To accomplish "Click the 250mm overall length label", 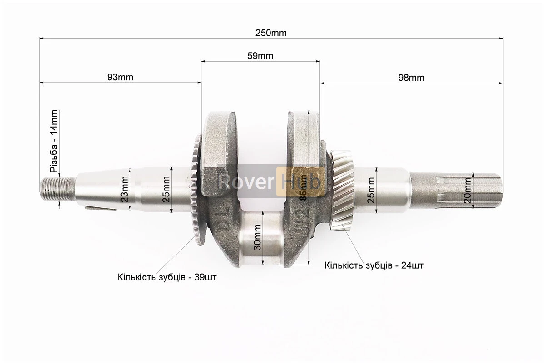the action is pyautogui.click(x=271, y=33).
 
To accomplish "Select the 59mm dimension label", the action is pyautogui.click(x=260, y=56).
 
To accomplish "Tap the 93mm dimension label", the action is pyautogui.click(x=120, y=77).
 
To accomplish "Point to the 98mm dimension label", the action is pyautogui.click(x=411, y=78).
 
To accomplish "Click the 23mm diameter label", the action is pyautogui.click(x=124, y=189).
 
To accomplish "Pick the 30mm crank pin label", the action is pyautogui.click(x=257, y=237).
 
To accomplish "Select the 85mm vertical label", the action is pyautogui.click(x=303, y=187).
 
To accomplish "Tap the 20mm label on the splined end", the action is pyautogui.click(x=467, y=191).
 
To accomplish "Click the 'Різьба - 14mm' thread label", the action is pyautogui.click(x=54, y=141).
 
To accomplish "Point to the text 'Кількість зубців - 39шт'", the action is pyautogui.click(x=167, y=277).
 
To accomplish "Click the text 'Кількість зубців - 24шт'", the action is pyautogui.click(x=374, y=265).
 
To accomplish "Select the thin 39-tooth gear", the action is pyautogui.click(x=196, y=191).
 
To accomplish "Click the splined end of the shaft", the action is pyautogui.click(x=456, y=190).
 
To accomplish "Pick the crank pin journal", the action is pyautogui.click(x=262, y=238).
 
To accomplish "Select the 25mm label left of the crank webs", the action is pyautogui.click(x=166, y=189).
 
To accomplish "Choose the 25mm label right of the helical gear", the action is pyautogui.click(x=371, y=190).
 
